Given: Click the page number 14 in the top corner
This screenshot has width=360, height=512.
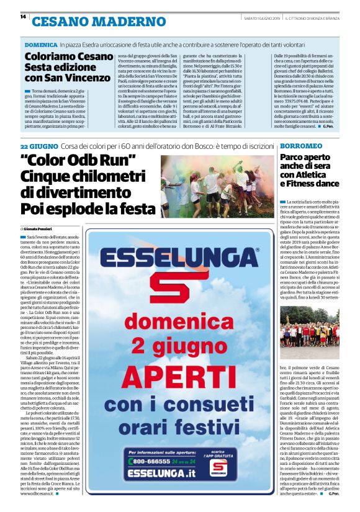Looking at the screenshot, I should [23, 17].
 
